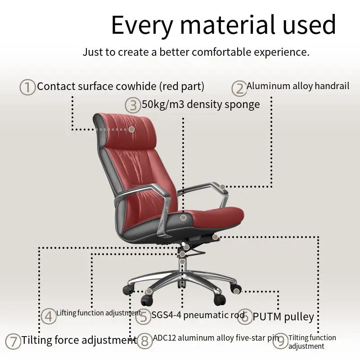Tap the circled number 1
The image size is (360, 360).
(27, 87)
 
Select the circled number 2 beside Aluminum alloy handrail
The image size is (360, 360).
(239, 89)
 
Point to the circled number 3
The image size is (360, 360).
(133, 105)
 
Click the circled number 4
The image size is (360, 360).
(49, 316)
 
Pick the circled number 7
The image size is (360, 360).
(13, 342)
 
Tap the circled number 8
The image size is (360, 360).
(144, 341)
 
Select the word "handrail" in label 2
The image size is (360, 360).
(332, 86)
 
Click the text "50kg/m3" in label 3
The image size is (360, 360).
(163, 105)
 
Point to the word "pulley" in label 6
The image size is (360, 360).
(299, 317)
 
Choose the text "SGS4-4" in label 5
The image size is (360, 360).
(166, 315)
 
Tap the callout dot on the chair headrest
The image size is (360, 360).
(131, 129)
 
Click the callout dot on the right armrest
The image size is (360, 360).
(222, 187)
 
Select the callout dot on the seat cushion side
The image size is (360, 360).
(183, 217)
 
